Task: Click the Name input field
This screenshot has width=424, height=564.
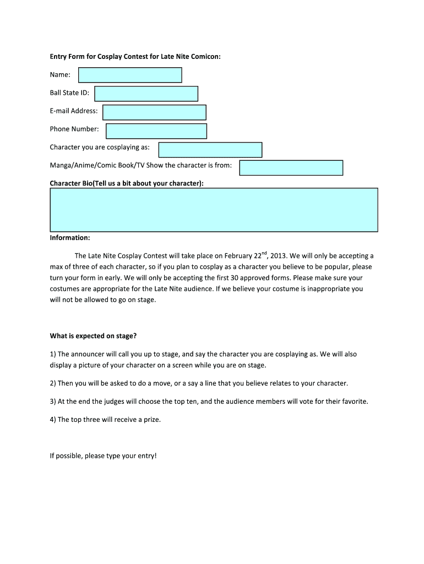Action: pyautogui.click(x=130, y=75)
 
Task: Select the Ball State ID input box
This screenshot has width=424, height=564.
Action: pyautogui.click(x=146, y=94)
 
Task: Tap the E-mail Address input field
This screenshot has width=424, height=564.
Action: pyautogui.click(x=154, y=112)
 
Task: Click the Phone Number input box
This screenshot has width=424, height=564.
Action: pyautogui.click(x=156, y=131)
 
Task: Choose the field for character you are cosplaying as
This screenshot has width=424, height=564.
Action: pyautogui.click(x=210, y=150)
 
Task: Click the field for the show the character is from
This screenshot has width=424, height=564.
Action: pyautogui.click(x=291, y=167)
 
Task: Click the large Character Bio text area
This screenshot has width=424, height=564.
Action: pyautogui.click(x=214, y=210)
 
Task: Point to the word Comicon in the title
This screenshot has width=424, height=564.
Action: pyautogui.click(x=205, y=57)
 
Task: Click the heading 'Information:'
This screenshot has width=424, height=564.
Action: pyautogui.click(x=70, y=238)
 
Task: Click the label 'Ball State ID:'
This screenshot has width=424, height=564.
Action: pyautogui.click(x=69, y=93)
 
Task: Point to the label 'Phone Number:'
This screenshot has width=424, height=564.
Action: pyautogui.click(x=74, y=129)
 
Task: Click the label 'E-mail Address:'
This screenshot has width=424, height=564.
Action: pyautogui.click(x=74, y=111)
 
